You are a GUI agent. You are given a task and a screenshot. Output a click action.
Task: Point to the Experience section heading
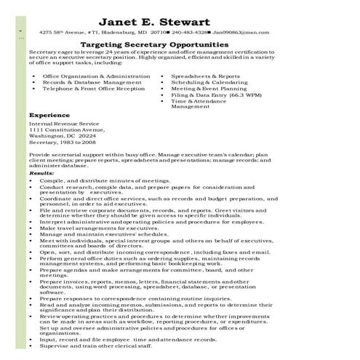[49, 115]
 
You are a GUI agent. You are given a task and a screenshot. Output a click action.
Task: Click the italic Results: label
[41, 174]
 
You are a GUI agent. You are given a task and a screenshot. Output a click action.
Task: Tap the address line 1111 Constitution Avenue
[67, 129]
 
